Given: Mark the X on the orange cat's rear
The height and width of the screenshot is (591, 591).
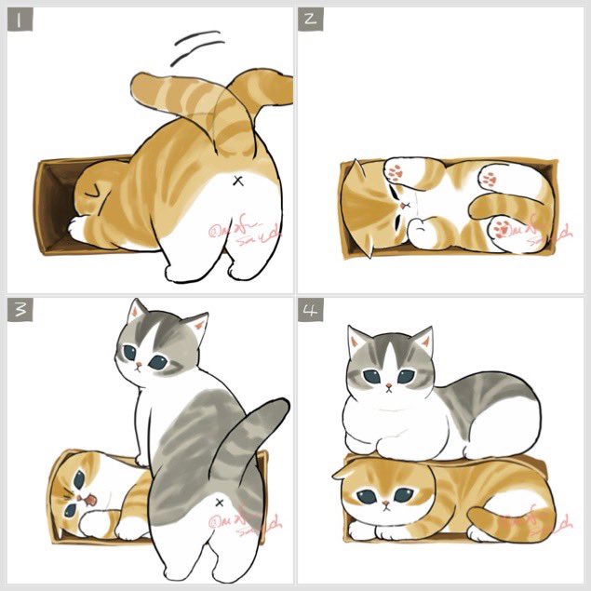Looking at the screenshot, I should tap(238, 180).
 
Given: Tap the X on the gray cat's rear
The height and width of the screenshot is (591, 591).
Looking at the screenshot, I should tap(219, 504).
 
